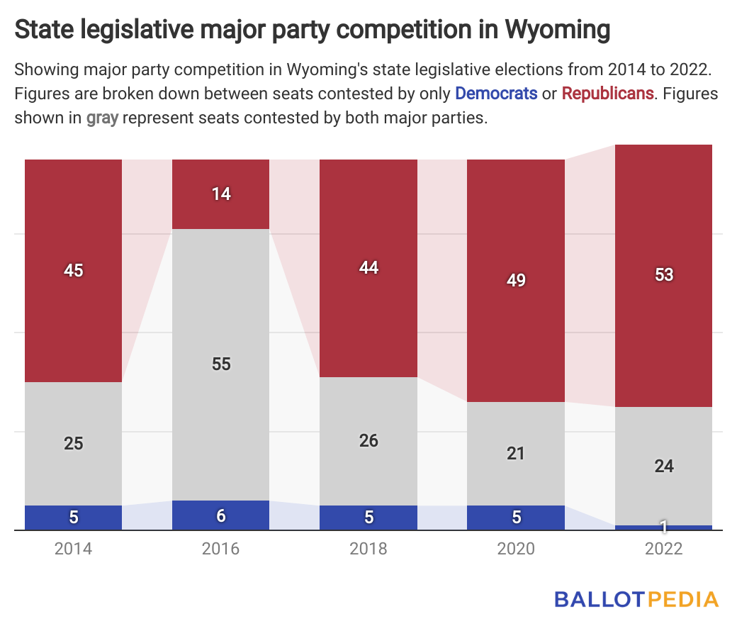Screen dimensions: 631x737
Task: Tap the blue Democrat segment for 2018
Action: point(368,518)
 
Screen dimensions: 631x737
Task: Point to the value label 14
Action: point(221,194)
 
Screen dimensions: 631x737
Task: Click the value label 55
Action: point(221,364)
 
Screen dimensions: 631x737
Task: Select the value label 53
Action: point(663,275)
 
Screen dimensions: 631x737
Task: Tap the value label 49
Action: point(516,280)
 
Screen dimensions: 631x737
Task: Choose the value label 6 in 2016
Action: point(221,515)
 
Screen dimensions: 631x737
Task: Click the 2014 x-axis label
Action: point(74,549)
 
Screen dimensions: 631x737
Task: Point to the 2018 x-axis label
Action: point(368,549)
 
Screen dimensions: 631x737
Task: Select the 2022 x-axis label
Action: point(663,549)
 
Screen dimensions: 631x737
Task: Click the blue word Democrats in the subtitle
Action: point(496,94)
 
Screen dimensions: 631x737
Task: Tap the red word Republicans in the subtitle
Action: point(607,94)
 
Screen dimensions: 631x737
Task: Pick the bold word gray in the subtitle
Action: point(102,118)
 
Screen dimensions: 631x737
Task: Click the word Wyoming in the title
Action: point(558,30)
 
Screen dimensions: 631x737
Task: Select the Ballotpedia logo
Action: point(636,599)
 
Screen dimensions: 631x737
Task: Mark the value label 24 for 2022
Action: point(663,466)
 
